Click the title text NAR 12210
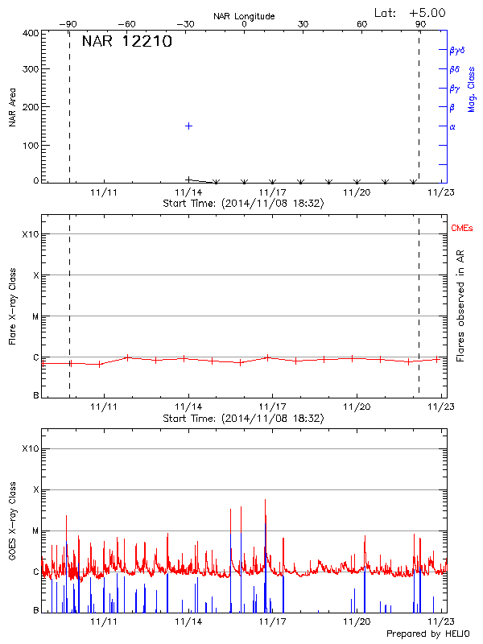click(x=126, y=43)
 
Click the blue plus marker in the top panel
click(x=188, y=126)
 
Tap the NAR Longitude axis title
click(x=244, y=15)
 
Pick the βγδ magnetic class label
click(x=457, y=50)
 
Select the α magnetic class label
click(x=452, y=126)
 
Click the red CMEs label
click(x=463, y=229)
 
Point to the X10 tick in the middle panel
click(x=31, y=234)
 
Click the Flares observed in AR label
click(x=460, y=306)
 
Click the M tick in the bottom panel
click(x=35, y=531)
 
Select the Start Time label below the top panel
click(x=243, y=204)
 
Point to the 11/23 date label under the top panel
click(x=440, y=192)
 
